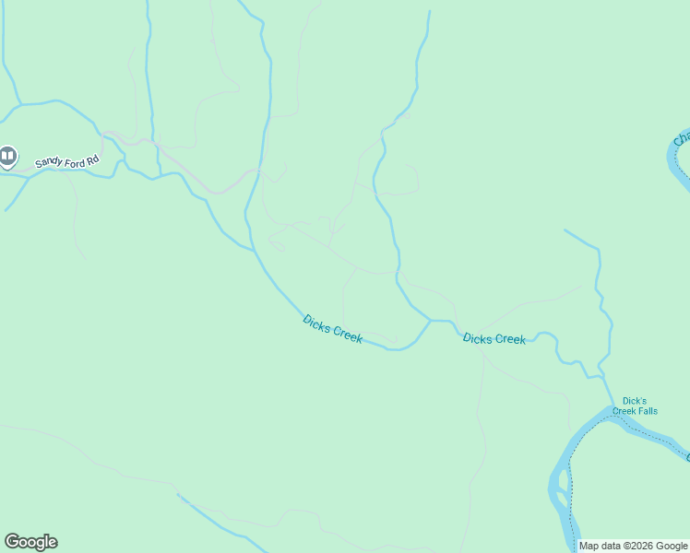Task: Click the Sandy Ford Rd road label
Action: click(66, 161)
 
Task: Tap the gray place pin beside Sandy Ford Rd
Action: click(7, 157)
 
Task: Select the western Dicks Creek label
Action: click(332, 329)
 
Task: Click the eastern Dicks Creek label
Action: click(494, 339)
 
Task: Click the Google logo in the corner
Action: click(30, 542)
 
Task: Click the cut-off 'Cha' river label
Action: click(681, 138)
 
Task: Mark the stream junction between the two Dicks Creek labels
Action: click(430, 321)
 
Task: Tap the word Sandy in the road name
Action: click(48, 163)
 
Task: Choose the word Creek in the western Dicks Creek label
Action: click(347, 335)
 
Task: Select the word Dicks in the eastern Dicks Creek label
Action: click(478, 338)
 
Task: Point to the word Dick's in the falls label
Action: click(634, 401)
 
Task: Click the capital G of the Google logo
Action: click(11, 542)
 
